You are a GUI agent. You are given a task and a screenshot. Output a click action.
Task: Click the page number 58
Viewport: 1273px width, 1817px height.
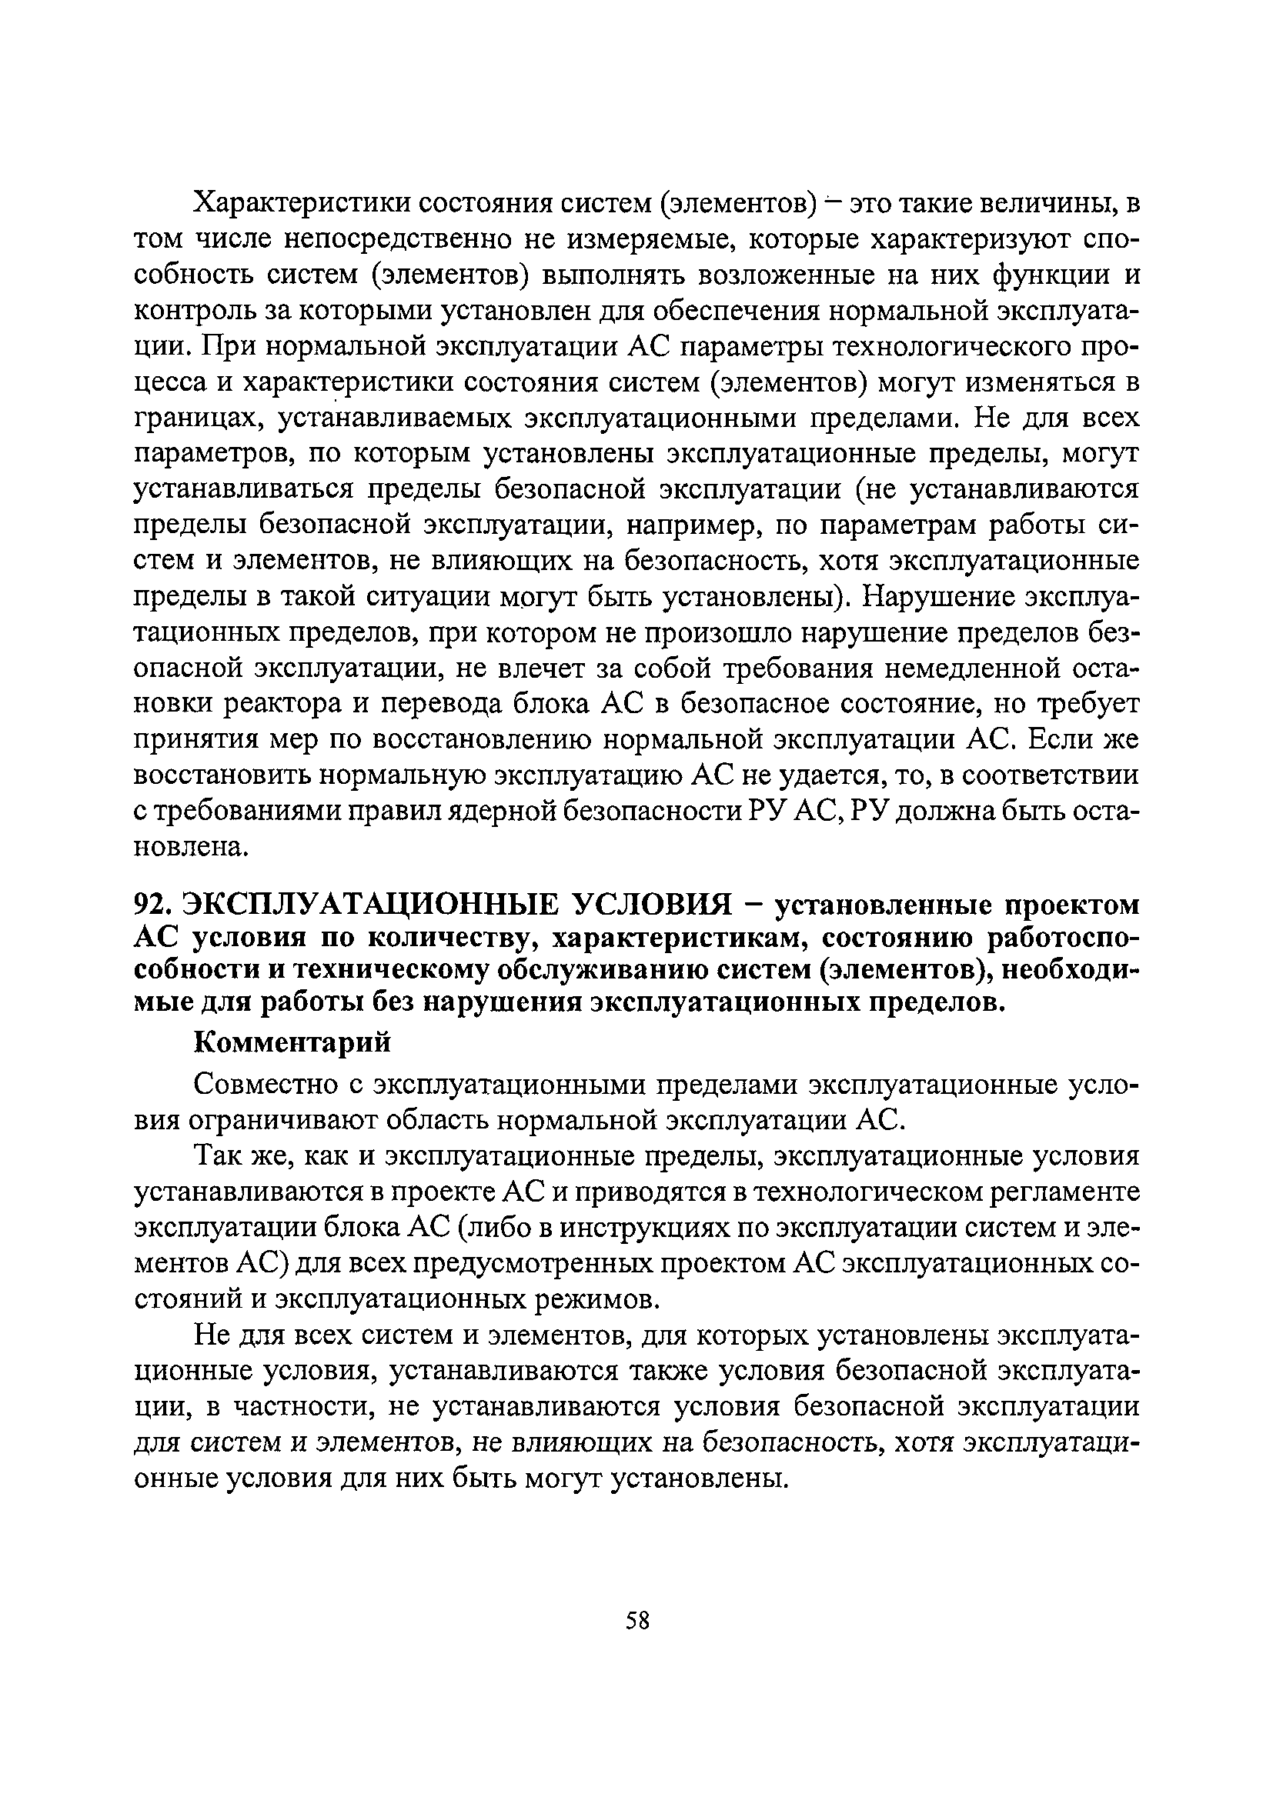(637, 1621)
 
